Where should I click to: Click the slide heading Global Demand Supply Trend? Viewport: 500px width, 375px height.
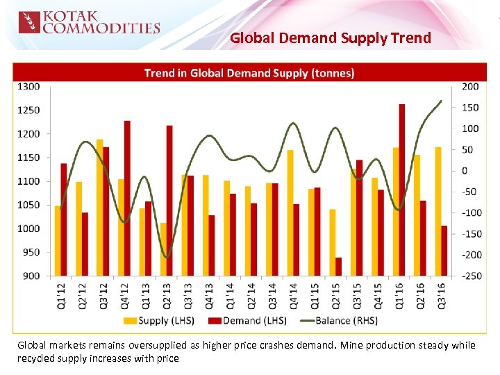330,37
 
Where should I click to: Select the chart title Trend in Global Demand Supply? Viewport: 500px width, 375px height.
249,73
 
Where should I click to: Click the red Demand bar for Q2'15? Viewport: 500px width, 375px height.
338,267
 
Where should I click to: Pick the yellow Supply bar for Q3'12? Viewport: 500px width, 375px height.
100,208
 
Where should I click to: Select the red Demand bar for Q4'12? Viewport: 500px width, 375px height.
127,198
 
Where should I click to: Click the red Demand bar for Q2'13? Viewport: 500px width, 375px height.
169,201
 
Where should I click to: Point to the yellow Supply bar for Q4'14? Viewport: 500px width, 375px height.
290,212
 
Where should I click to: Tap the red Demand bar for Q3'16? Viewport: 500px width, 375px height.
444,251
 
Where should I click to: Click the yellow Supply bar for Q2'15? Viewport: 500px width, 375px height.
333,242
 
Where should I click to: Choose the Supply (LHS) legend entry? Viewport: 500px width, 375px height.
159,320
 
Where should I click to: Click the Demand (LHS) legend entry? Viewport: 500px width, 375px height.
247,320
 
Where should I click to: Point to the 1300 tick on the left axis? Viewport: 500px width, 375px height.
28,87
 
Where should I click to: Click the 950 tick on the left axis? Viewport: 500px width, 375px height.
31,252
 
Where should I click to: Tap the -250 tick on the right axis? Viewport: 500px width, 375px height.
472,276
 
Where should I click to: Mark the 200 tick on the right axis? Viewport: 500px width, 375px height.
470,87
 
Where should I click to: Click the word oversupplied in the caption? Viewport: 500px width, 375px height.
137,345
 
